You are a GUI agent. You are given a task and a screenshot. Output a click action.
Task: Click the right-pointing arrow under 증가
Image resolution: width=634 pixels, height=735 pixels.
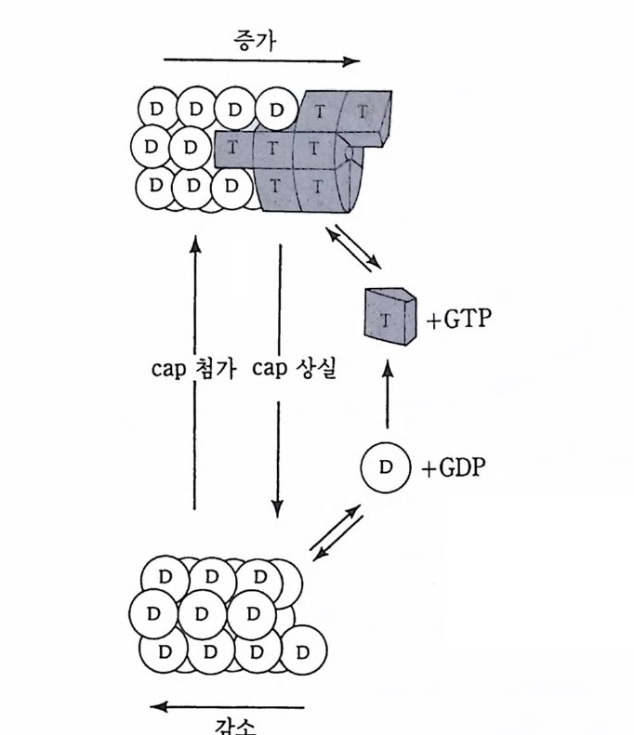261,62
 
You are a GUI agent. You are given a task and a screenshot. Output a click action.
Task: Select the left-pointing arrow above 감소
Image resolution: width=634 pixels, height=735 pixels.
228,707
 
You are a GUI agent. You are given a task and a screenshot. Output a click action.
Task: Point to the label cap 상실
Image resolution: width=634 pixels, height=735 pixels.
295,369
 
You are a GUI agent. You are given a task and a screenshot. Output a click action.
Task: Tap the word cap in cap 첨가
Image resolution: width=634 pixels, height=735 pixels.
169,369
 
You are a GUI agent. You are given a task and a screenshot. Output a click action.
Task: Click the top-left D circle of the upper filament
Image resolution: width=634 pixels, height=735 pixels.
155,109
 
